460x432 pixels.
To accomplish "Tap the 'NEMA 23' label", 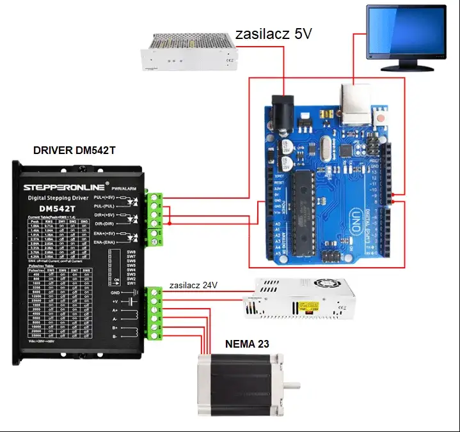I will tap(246, 344).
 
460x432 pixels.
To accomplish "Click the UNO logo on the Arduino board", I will tap(361, 217).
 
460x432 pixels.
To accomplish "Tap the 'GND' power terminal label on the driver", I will tap(115, 292).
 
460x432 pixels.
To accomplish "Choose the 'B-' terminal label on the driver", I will tap(115, 336).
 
